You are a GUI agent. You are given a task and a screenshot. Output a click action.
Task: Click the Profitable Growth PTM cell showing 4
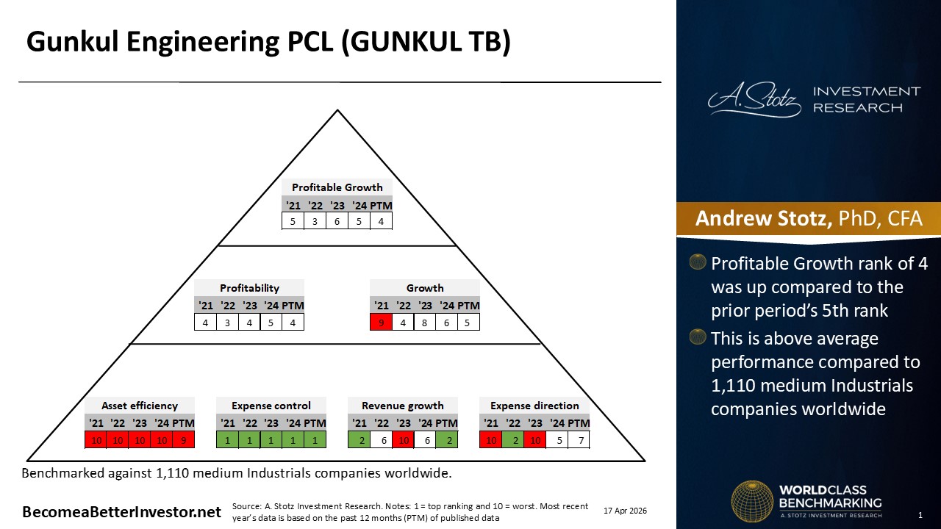point(381,221)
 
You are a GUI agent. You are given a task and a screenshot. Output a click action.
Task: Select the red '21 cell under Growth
point(381,323)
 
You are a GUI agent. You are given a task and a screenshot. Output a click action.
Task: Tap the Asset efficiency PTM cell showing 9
point(184,440)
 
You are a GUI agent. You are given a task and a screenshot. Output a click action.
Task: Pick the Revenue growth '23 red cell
point(404,440)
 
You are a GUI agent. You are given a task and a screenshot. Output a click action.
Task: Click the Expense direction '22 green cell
point(513,440)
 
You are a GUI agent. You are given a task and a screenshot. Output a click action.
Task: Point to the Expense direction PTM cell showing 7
point(579,440)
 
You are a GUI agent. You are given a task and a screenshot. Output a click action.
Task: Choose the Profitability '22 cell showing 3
point(227,323)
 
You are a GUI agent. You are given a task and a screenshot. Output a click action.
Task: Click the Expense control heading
point(271,406)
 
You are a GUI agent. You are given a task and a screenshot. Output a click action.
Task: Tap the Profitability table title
point(249,288)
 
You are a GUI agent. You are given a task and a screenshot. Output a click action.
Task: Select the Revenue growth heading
point(402,406)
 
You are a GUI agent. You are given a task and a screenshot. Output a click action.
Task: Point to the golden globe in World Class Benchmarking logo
point(752,501)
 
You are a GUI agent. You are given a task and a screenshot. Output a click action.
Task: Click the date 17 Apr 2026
point(625,511)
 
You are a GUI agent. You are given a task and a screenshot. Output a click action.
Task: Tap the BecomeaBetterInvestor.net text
point(121,512)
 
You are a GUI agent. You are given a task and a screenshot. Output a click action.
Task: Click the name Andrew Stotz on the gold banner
point(763,218)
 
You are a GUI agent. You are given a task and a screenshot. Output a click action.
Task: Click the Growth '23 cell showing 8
point(424,323)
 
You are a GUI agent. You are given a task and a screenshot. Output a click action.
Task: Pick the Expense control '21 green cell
point(227,440)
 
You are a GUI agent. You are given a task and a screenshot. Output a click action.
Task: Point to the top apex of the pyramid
point(337,110)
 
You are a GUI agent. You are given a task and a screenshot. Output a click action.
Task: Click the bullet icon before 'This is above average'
point(698,337)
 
